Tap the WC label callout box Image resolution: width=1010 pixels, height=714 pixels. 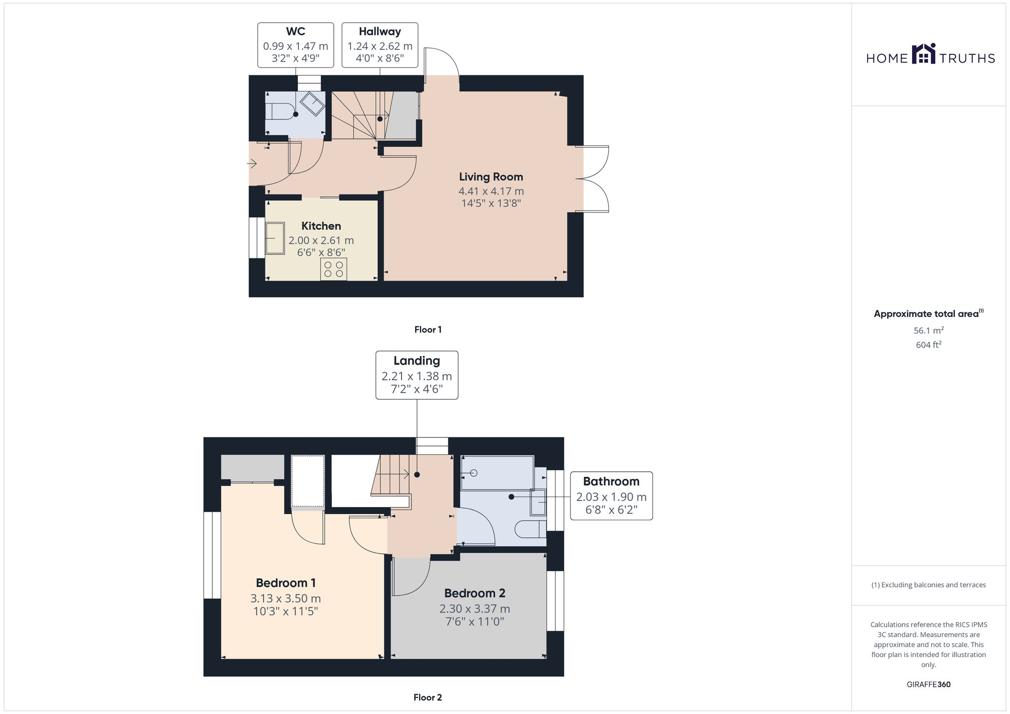click(295, 45)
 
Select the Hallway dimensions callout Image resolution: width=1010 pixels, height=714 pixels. click(380, 45)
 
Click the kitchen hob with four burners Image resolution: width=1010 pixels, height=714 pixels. click(333, 269)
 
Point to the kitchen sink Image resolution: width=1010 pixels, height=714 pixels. click(275, 238)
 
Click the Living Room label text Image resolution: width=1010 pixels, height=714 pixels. click(491, 177)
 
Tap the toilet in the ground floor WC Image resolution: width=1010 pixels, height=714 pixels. click(280, 111)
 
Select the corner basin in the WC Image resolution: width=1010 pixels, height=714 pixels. click(313, 104)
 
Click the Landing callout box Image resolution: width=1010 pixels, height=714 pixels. click(417, 375)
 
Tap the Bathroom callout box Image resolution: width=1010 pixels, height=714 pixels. click(611, 496)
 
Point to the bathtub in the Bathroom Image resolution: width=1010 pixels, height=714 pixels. click(497, 473)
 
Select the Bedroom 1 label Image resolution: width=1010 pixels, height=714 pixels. click(286, 583)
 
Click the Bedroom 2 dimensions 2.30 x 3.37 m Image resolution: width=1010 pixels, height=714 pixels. click(475, 609)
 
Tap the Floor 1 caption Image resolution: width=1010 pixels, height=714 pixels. click(428, 329)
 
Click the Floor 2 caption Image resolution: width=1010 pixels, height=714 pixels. click(428, 697)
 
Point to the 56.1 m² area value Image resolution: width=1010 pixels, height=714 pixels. click(928, 331)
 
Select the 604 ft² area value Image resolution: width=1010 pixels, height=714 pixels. click(928, 345)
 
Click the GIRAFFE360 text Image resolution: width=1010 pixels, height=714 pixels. click(928, 684)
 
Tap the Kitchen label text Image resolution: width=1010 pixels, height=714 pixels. click(321, 226)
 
